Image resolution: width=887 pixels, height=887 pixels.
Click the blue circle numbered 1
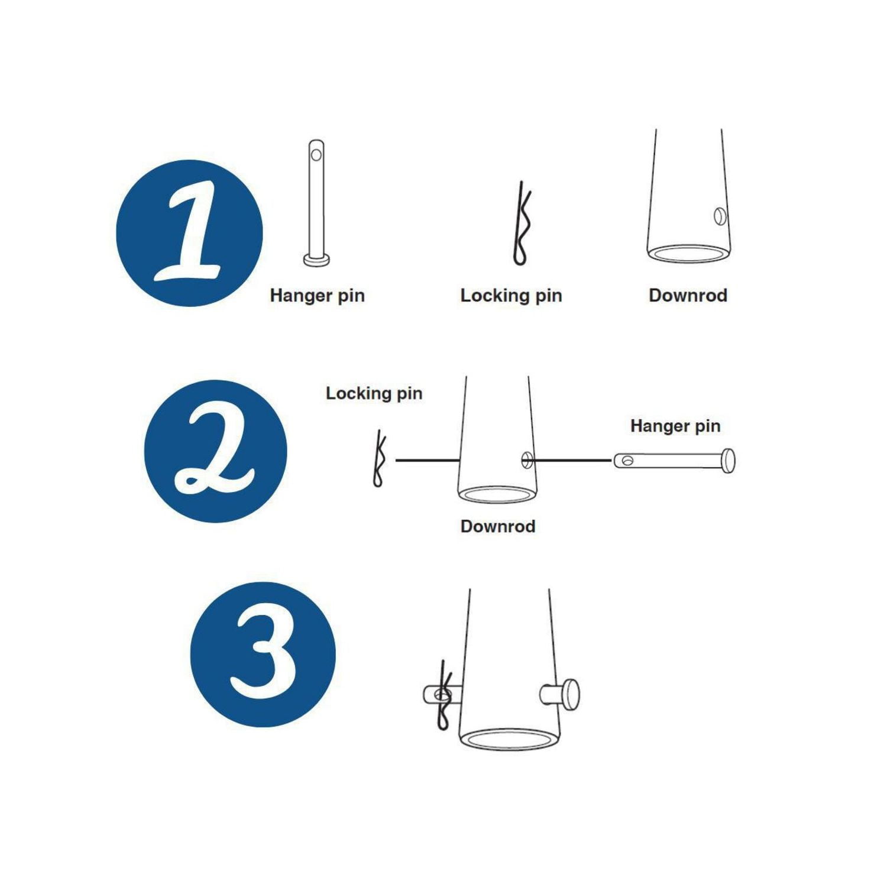coord(189,233)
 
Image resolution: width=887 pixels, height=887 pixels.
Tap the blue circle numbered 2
coord(216,451)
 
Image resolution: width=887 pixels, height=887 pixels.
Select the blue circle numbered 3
coord(263,655)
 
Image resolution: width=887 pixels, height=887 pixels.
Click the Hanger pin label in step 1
coord(317,295)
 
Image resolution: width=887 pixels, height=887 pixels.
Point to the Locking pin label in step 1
coord(511,295)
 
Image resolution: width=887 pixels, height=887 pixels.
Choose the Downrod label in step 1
coord(688,295)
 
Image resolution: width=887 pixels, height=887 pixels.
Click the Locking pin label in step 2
coord(374,393)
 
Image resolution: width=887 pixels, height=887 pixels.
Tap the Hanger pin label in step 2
coord(675,426)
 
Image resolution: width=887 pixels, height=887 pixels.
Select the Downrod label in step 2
coord(498,526)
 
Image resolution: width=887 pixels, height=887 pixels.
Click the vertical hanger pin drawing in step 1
coord(317,203)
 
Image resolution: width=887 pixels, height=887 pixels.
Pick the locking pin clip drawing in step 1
coord(520,224)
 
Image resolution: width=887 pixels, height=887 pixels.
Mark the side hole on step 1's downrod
coord(720,216)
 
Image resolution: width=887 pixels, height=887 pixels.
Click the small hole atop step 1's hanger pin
coord(316,155)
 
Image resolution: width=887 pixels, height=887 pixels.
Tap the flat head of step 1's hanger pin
coord(317,260)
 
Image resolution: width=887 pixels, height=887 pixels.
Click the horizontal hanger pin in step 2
coord(674,461)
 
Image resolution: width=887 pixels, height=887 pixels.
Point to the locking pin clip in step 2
coord(378,459)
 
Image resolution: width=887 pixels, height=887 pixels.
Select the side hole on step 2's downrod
coord(527,460)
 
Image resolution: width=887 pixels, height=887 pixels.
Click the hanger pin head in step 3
coord(570,694)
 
